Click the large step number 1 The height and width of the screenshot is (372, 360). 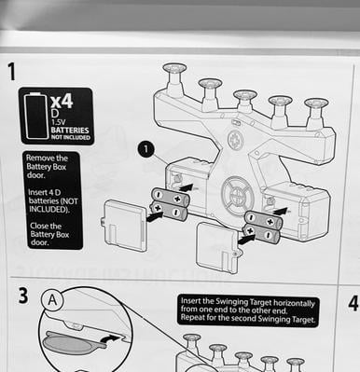11,72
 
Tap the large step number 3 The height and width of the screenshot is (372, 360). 23,296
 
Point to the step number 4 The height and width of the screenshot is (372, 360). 353,303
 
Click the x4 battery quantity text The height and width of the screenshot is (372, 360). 62,101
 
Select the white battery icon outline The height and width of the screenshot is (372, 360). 36,116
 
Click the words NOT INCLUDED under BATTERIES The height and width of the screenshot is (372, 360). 70,137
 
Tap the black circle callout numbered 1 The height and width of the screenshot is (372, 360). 145,150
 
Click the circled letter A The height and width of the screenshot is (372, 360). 52,300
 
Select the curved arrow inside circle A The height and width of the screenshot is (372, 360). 111,338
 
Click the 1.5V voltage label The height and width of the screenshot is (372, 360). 58,122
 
